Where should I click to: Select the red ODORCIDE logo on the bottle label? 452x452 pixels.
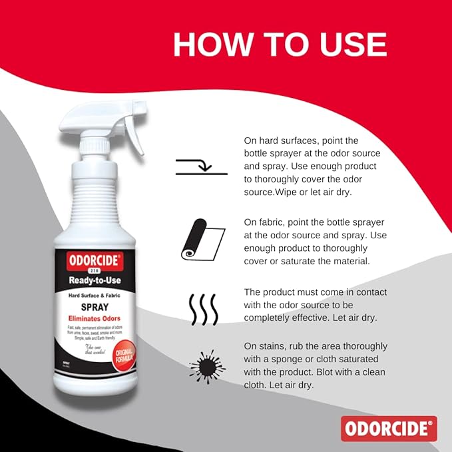click(93, 262)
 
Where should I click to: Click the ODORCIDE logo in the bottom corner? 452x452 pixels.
click(389, 428)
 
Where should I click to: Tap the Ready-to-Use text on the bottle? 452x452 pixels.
click(95, 280)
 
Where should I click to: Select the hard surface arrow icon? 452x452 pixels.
click(202, 167)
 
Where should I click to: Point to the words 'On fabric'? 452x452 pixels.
click(264, 222)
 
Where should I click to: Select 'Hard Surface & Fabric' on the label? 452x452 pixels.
click(94, 295)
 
